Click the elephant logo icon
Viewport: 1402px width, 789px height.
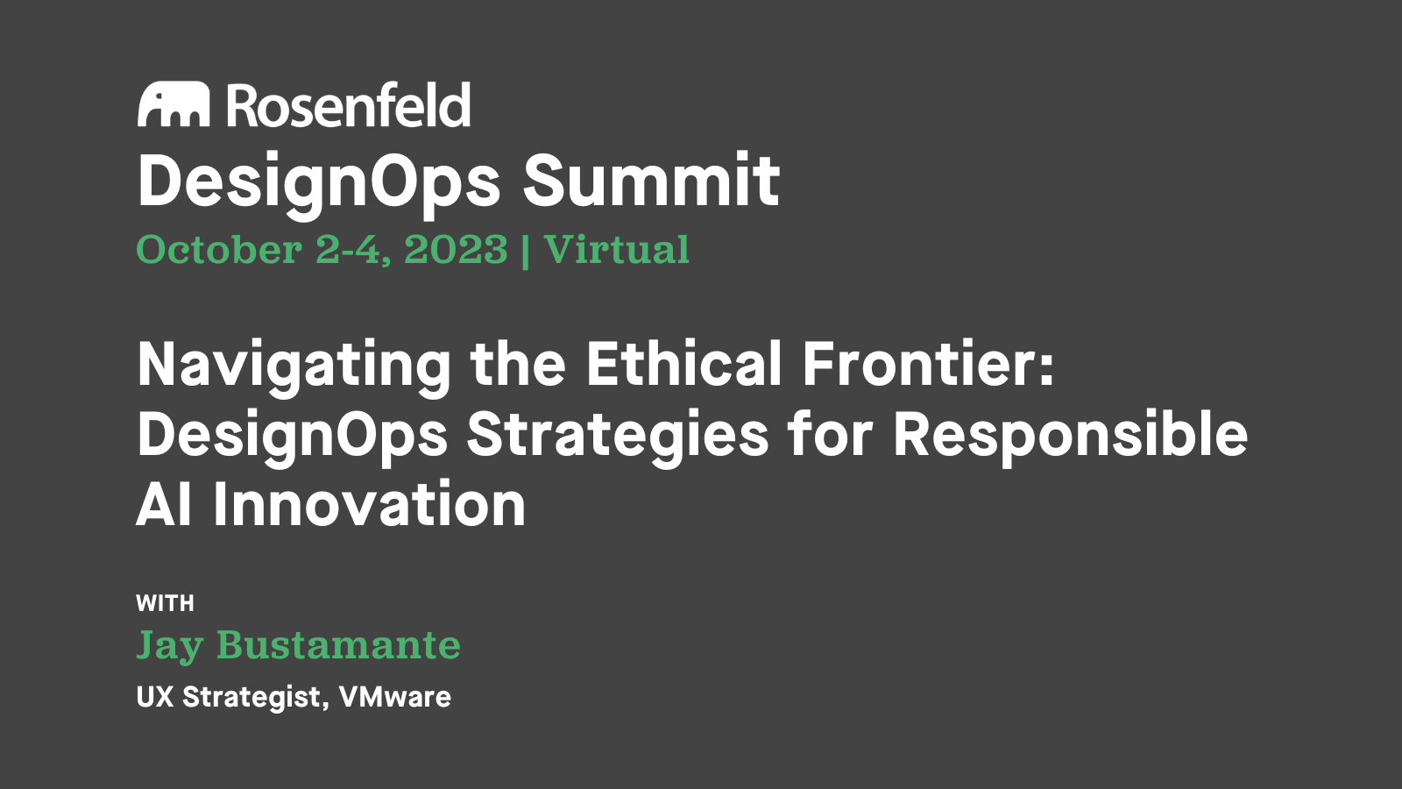173,105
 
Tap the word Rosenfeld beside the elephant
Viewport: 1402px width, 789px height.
349,105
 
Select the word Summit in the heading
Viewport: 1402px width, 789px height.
651,181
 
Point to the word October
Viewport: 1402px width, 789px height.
219,250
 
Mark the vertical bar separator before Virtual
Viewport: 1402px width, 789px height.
525,252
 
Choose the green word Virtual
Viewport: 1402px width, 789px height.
616,250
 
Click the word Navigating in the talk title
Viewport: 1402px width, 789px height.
294,365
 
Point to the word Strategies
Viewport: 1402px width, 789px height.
618,435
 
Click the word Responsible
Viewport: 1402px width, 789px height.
1070,435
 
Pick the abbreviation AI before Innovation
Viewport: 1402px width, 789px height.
164,505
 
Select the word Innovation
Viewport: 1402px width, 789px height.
369,505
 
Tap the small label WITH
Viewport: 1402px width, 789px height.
165,603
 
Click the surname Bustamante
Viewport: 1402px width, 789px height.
338,645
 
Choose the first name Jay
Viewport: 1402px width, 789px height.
170,647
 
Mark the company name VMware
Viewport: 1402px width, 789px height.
395,697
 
